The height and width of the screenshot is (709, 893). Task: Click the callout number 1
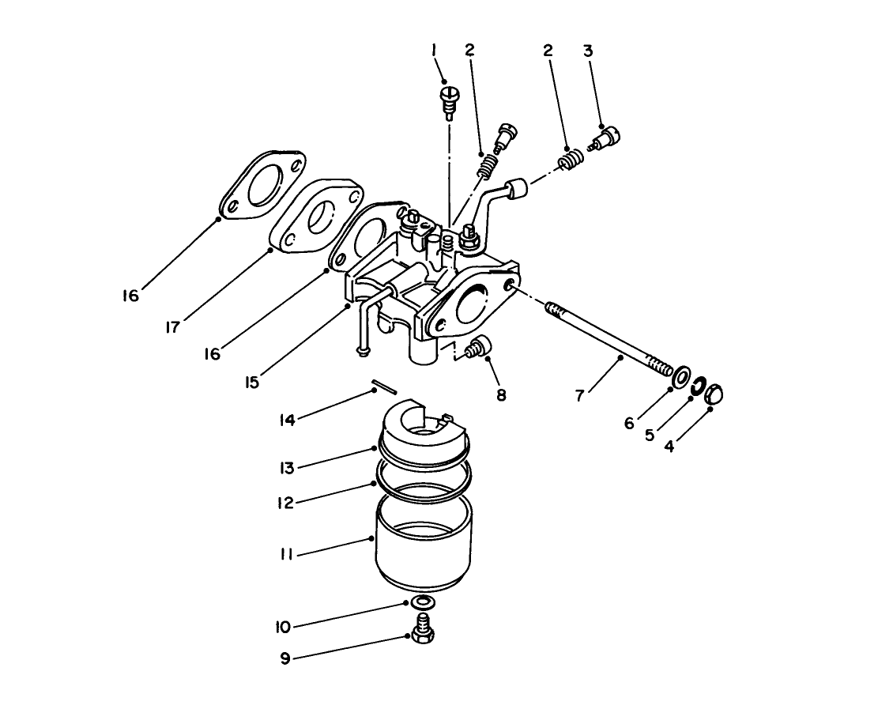click(x=434, y=51)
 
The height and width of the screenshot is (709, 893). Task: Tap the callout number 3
click(x=587, y=51)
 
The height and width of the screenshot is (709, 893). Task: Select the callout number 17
click(x=172, y=327)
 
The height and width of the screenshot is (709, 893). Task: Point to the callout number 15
click(x=251, y=383)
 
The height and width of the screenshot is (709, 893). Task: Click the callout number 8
click(x=501, y=393)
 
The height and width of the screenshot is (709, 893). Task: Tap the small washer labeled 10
click(x=422, y=603)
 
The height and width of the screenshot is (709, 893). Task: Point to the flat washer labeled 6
click(x=679, y=378)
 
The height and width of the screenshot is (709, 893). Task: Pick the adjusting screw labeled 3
click(x=607, y=141)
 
